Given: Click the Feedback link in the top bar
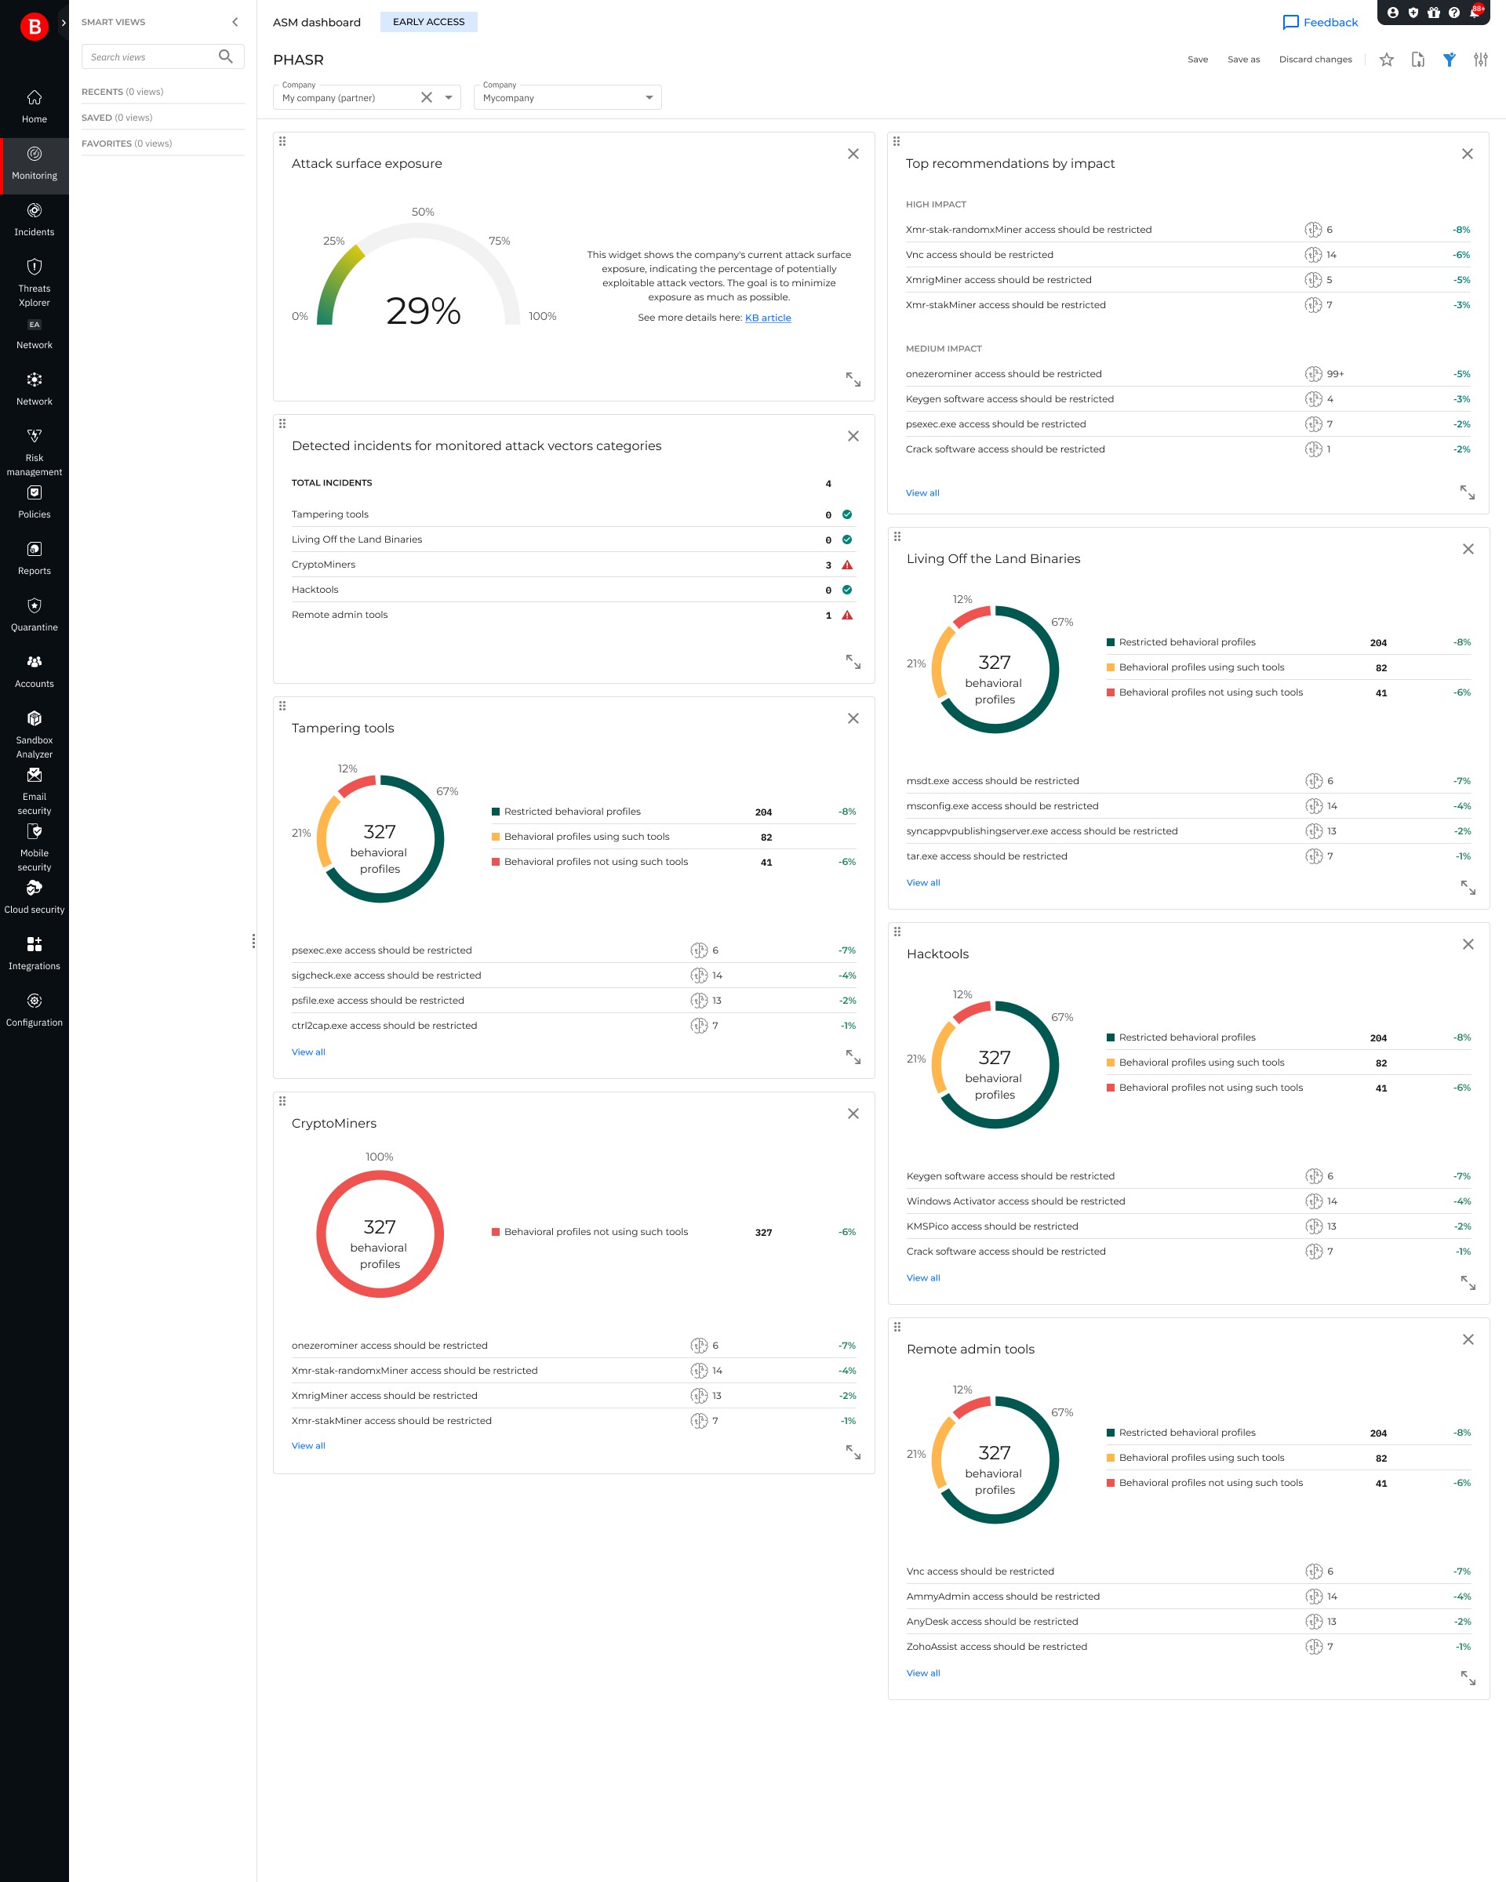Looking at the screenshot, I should click(1320, 23).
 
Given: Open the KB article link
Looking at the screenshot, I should click(767, 318).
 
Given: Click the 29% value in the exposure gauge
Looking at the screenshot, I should click(424, 311).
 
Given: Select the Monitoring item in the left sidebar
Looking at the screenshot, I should click(34, 162).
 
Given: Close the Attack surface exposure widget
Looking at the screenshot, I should click(853, 154).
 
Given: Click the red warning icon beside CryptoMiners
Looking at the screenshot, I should click(847, 565).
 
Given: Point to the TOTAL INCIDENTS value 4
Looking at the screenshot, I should click(828, 484).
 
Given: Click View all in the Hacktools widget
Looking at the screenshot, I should click(922, 1278).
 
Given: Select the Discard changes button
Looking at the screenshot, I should click(1315, 60).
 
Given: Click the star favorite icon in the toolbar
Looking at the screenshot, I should click(1387, 60).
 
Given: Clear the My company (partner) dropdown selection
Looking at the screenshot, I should click(426, 97).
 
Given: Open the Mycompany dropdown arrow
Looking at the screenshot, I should click(649, 97).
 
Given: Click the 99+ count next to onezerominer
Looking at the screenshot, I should click(1335, 373).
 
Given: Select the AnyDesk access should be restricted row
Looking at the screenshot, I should click(991, 1622).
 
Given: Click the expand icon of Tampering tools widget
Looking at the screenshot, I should click(853, 1057).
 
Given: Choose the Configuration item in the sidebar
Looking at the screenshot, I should click(34, 1009).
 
